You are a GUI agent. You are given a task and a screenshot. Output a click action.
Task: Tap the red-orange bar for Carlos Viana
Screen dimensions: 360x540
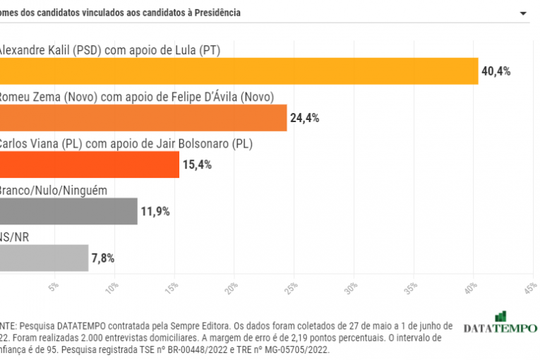tap(90, 164)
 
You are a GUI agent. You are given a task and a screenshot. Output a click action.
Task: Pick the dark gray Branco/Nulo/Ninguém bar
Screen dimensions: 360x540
tap(68, 211)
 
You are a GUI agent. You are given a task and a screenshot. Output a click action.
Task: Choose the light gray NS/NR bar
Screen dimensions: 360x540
tap(44, 258)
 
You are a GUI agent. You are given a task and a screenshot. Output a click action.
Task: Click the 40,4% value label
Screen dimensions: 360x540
tap(496, 71)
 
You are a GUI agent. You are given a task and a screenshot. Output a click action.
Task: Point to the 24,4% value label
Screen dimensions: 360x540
tap(304, 118)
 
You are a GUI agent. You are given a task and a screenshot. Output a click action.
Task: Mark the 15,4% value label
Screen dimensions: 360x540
tap(197, 164)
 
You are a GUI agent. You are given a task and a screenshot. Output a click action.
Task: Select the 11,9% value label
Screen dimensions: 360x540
tap(155, 211)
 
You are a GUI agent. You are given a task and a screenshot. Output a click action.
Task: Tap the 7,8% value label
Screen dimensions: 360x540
tap(102, 258)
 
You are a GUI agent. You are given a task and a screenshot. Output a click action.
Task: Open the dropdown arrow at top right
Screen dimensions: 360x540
tap(523, 13)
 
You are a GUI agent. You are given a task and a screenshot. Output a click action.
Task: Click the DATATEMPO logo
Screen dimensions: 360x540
tap(500, 325)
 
